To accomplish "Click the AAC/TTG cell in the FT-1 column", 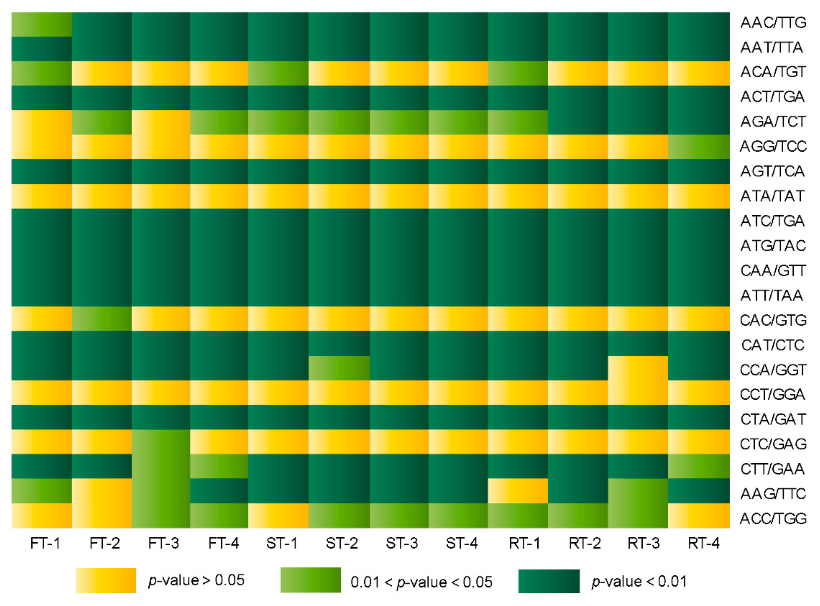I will [41, 25].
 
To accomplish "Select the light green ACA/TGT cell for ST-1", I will [278, 73].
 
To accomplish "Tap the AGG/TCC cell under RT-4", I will [699, 147].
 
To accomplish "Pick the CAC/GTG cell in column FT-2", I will [102, 319].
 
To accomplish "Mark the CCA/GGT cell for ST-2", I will [339, 368].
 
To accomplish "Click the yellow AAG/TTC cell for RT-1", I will [518, 491].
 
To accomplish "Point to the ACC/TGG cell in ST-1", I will [278, 515].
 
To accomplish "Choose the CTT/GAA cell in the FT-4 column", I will [219, 466].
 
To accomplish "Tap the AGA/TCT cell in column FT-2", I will [102, 122].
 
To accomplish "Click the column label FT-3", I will [164, 543].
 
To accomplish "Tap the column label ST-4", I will [462, 543].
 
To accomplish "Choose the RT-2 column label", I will [585, 543].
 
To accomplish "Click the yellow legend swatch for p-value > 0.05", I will [106, 581].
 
